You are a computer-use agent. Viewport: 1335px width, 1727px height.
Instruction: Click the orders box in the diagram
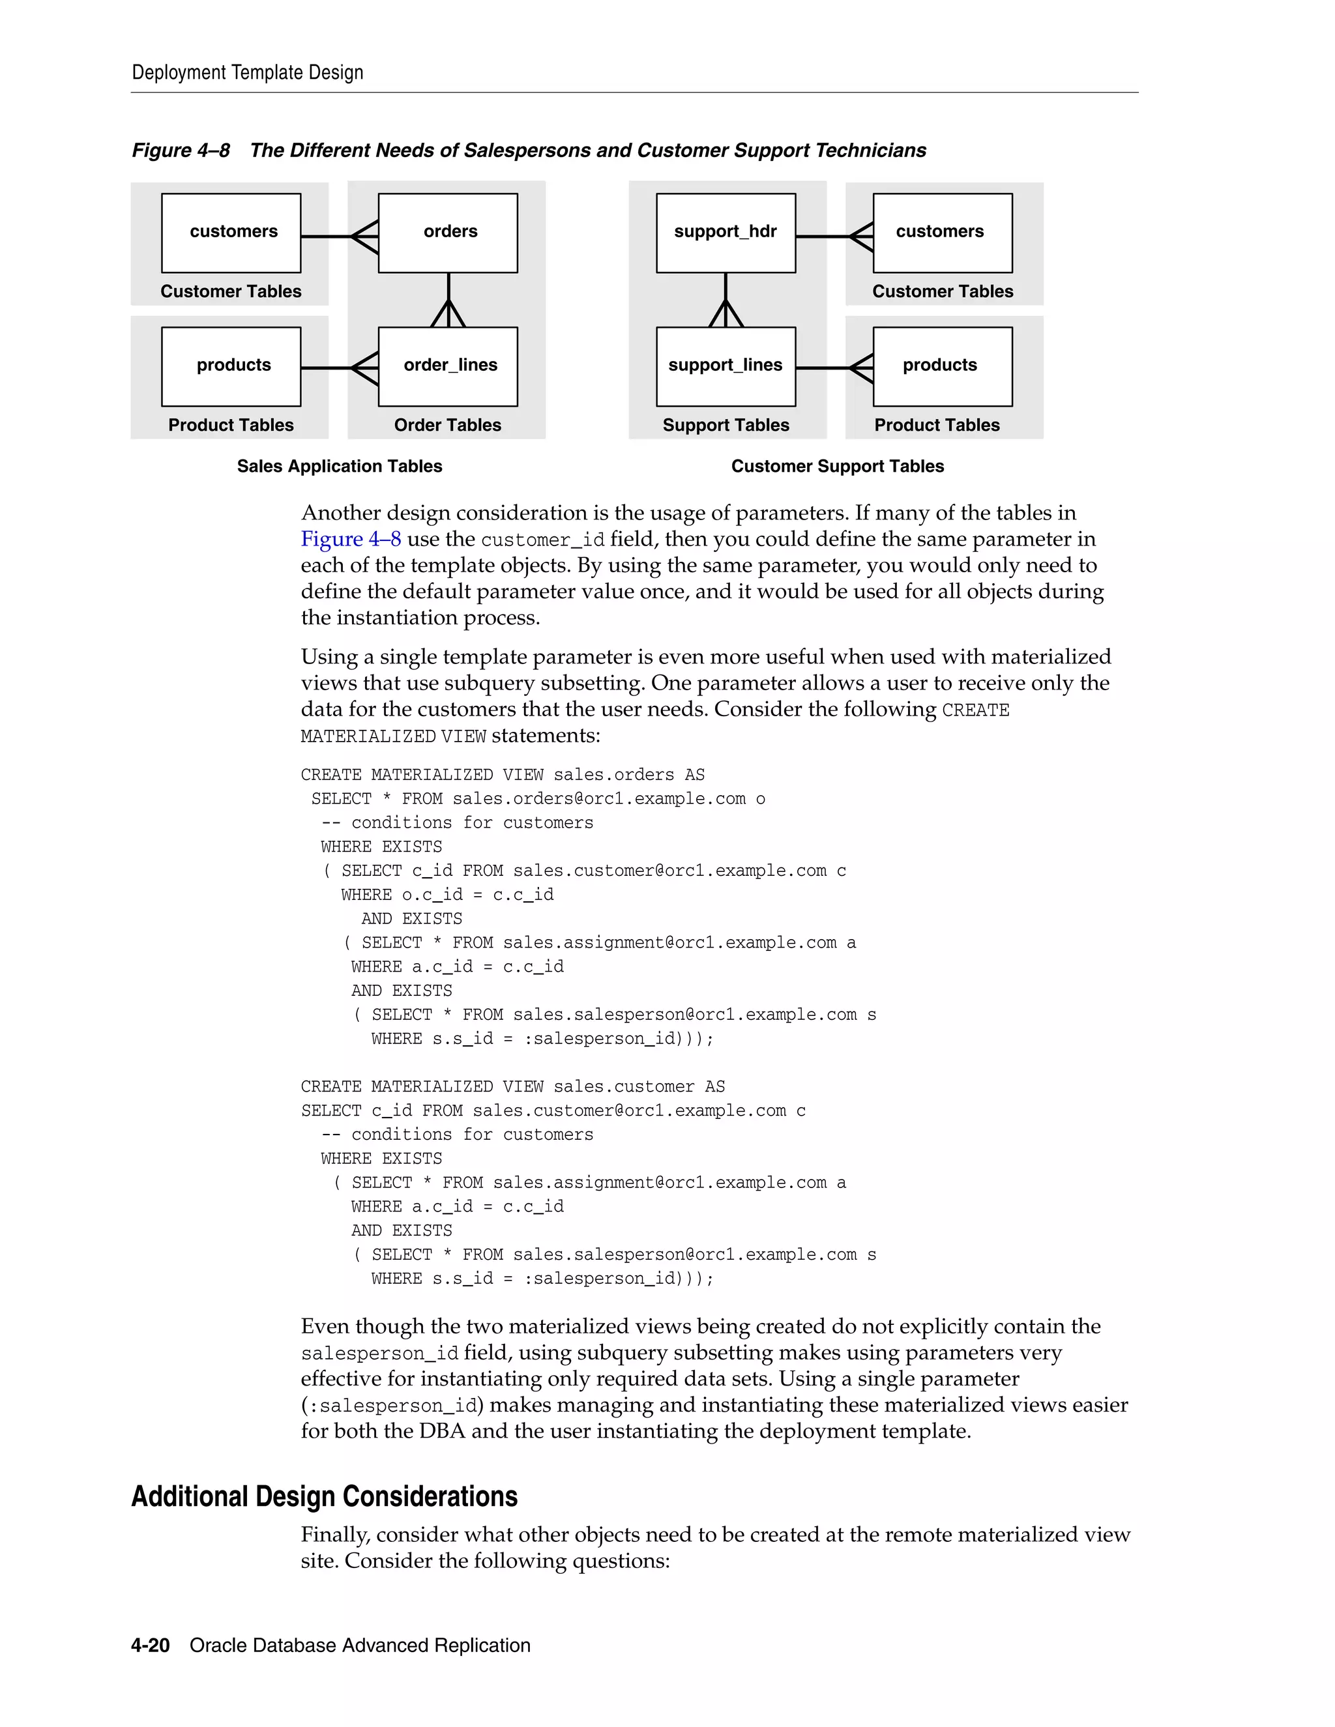pyautogui.click(x=448, y=233)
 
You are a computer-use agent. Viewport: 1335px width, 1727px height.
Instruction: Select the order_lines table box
pyautogui.click(x=448, y=366)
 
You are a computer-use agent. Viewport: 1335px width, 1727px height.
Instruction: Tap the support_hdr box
pyautogui.click(x=726, y=233)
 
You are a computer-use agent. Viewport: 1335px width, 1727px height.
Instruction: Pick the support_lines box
pyautogui.click(x=726, y=366)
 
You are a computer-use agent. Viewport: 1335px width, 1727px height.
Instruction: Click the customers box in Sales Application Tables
pyautogui.click(x=231, y=233)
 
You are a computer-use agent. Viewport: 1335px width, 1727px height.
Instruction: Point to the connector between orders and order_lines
pyautogui.click(x=448, y=300)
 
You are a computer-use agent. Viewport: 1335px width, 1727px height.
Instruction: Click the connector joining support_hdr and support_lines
pyautogui.click(x=726, y=300)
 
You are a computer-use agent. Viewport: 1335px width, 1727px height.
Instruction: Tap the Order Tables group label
pyautogui.click(x=448, y=426)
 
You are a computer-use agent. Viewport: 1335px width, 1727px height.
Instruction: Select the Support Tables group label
pyautogui.click(x=726, y=426)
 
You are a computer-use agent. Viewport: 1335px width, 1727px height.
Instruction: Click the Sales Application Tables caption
pyautogui.click(x=339, y=467)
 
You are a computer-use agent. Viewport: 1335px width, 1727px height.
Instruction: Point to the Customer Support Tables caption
pyautogui.click(x=837, y=467)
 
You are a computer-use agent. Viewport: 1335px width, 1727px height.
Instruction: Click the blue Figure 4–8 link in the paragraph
pyautogui.click(x=350, y=540)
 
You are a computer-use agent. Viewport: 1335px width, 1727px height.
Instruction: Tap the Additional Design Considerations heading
pyautogui.click(x=324, y=1496)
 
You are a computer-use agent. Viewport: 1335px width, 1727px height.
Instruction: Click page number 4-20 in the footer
pyautogui.click(x=151, y=1646)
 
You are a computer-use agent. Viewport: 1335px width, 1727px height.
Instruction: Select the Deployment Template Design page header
pyautogui.click(x=248, y=73)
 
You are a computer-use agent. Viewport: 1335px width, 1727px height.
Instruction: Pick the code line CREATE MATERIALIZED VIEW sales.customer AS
pyautogui.click(x=512, y=1086)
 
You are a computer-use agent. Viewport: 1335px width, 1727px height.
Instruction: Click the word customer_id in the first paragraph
pyautogui.click(x=542, y=540)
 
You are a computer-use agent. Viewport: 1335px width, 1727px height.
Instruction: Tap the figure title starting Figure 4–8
pyautogui.click(x=528, y=151)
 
